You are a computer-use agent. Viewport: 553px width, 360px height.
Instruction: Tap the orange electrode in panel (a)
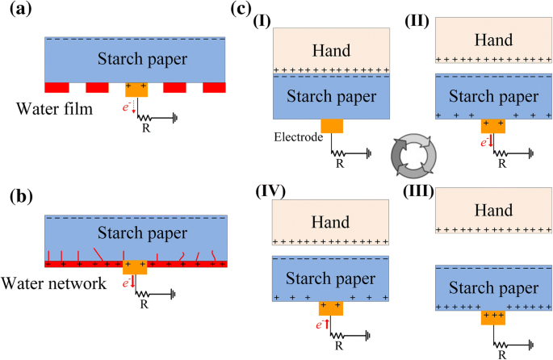136,89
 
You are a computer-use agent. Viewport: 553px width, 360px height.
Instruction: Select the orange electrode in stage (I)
332,126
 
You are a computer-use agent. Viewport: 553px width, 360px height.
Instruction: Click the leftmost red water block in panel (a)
57,86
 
